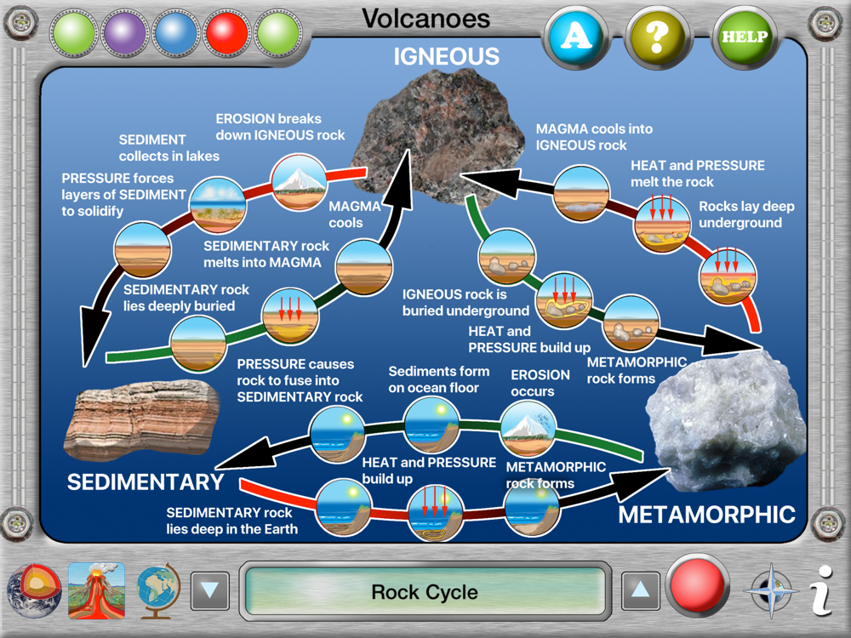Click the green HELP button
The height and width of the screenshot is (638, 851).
745,37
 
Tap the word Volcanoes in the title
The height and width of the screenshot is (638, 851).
425,18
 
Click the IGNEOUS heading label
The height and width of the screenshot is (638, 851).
446,57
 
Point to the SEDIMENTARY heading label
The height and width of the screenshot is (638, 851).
145,482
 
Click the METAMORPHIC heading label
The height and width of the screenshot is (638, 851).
706,514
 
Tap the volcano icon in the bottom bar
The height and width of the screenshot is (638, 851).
96,589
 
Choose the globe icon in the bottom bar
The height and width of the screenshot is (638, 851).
159,589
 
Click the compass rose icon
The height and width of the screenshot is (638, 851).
772,590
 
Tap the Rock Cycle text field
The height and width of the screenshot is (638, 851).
425,591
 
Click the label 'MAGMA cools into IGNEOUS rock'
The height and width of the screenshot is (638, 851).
594,137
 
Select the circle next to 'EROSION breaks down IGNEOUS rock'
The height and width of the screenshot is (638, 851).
298,180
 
